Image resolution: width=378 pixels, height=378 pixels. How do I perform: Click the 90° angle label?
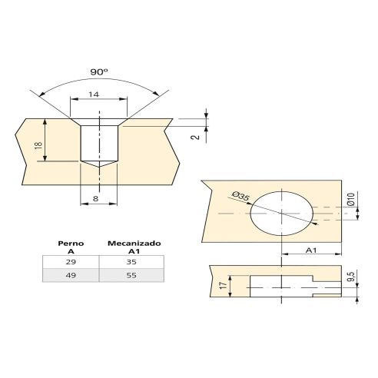pos(99,72)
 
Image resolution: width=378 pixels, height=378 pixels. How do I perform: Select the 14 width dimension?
pos(94,94)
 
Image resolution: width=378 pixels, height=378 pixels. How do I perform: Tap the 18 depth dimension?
pos(38,145)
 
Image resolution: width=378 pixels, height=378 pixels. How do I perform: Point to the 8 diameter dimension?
pos(95,198)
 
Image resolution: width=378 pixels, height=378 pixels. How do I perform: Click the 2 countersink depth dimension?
pos(195,137)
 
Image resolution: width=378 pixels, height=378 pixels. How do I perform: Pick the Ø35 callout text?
pos(240,196)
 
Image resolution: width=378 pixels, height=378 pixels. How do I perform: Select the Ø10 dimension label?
pos(351,199)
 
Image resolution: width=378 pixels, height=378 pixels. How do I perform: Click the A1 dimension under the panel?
pos(311,250)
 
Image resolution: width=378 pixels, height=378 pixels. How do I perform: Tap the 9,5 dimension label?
pos(352,277)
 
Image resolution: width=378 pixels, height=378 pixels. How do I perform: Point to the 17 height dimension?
pos(224,285)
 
